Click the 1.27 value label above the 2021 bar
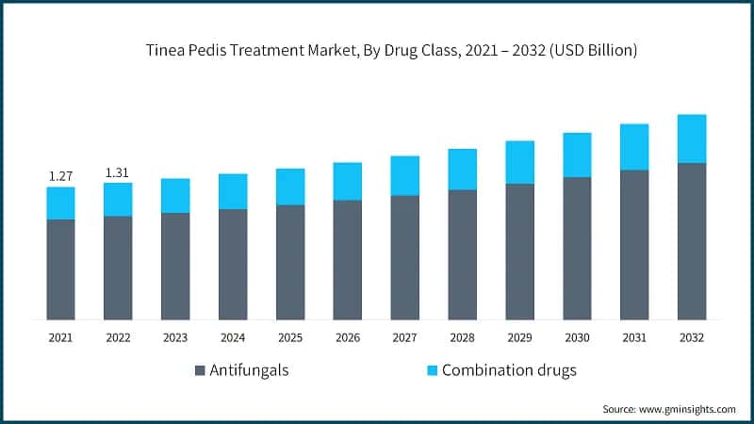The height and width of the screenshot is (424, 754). coord(60,174)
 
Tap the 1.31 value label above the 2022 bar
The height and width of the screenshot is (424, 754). coord(118,171)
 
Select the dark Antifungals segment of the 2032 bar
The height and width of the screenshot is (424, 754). coord(692,241)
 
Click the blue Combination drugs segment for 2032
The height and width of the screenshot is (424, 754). coord(692,139)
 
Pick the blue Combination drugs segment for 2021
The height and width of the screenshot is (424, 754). coord(60,203)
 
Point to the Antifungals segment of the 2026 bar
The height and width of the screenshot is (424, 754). coord(348,259)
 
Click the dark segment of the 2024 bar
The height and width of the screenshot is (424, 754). coord(233,264)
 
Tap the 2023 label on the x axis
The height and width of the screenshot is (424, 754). coord(175,336)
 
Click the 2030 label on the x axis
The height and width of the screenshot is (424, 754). coord(577,336)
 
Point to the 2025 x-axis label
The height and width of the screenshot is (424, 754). coord(290,336)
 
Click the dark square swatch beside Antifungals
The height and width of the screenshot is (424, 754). coord(200,370)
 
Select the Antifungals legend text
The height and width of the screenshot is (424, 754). coord(249,370)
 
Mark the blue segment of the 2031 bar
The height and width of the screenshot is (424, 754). coord(634,147)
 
